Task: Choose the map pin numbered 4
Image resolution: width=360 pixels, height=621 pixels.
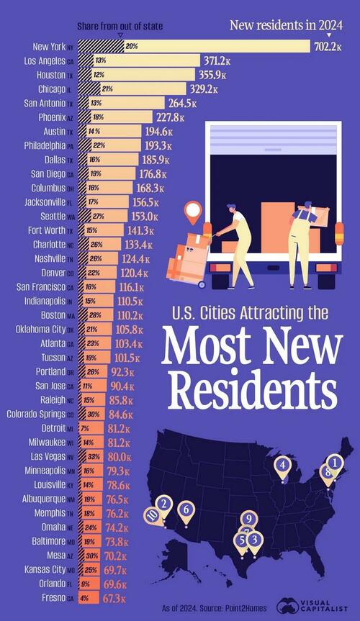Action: tap(283, 466)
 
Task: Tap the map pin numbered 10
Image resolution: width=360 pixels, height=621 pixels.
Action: tap(151, 515)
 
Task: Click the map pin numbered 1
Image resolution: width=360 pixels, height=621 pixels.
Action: tap(334, 462)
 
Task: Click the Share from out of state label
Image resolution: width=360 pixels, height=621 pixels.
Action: tap(120, 26)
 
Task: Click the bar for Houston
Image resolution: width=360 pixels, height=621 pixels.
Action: tap(144, 75)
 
